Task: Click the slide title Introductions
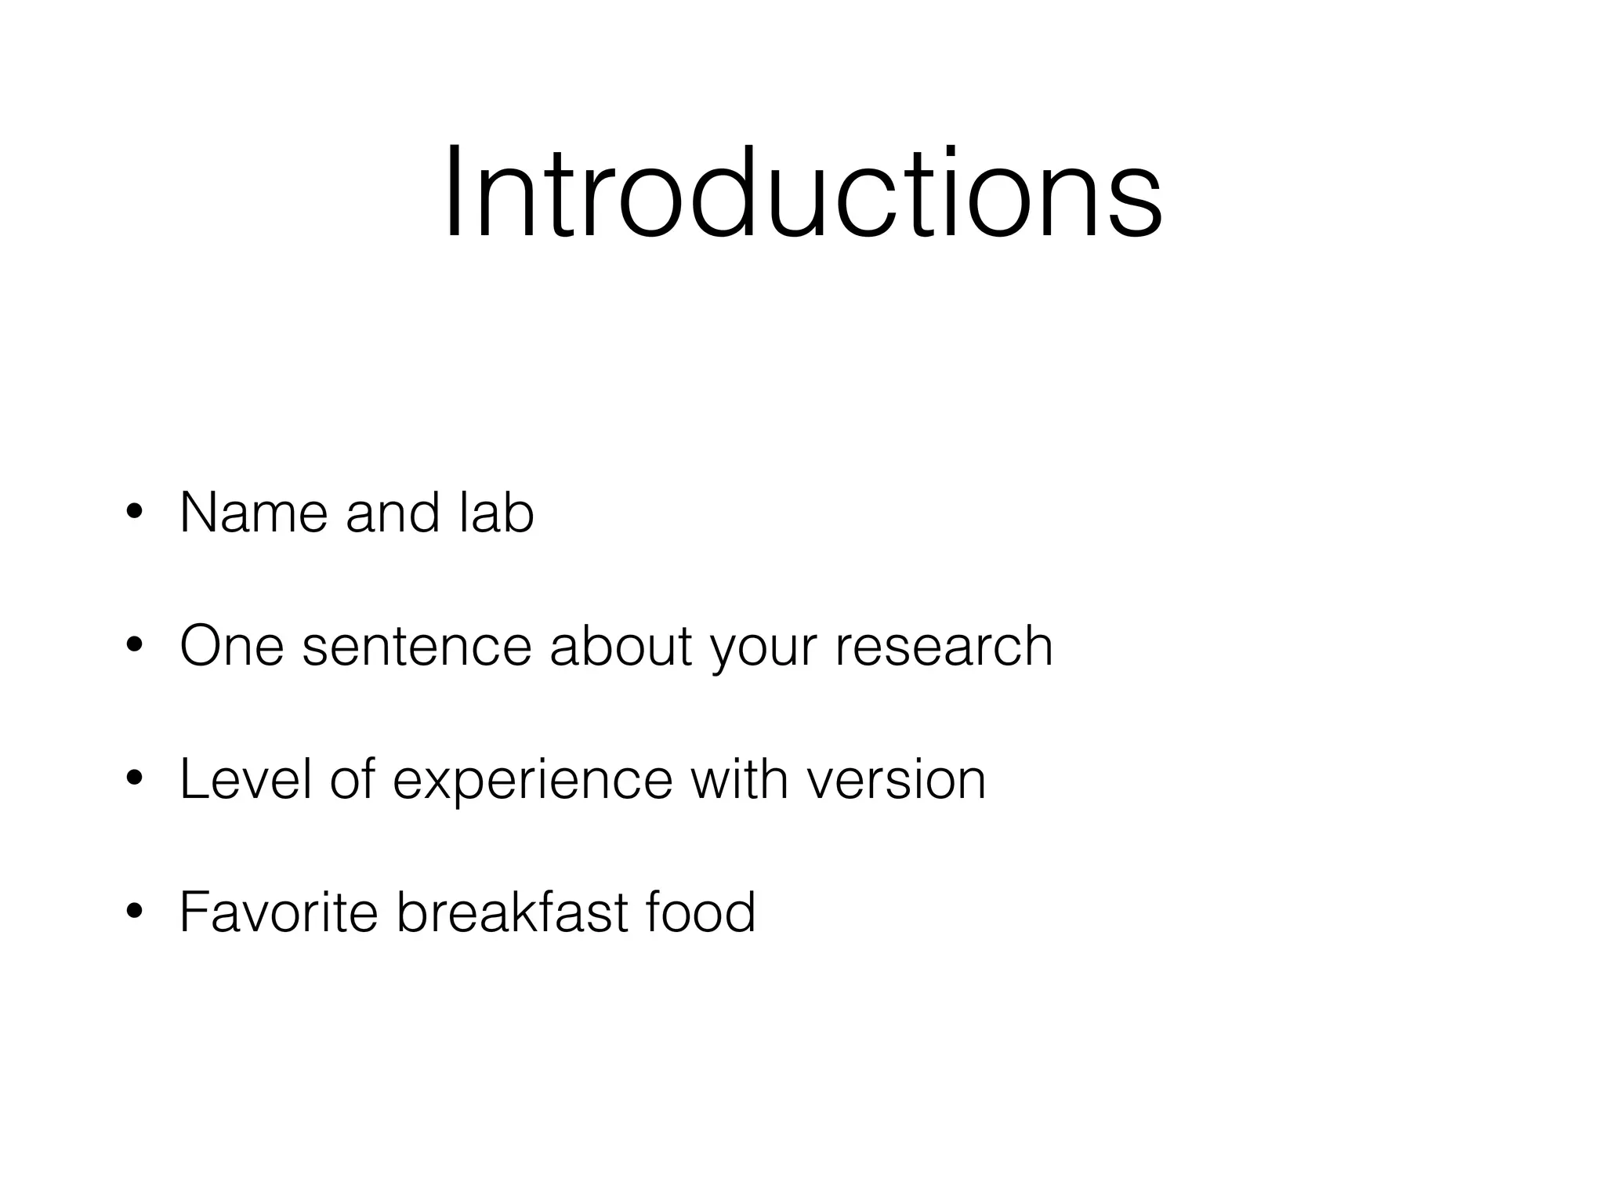pos(802,194)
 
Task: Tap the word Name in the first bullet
pos(253,513)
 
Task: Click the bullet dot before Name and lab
pos(134,513)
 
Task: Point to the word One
pos(232,647)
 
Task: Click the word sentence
pos(416,647)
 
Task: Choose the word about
pos(621,647)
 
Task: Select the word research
pos(944,647)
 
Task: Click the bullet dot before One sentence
pos(134,647)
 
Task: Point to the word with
pos(739,780)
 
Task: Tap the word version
pos(896,780)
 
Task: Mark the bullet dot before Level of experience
pos(134,780)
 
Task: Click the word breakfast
pos(513,912)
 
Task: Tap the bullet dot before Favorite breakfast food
pos(134,912)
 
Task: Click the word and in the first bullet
pos(393,513)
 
